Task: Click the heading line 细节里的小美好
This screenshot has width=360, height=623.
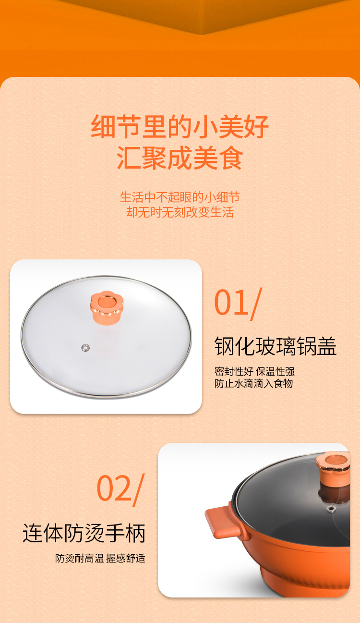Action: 180,127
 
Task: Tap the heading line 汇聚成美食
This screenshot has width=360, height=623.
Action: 180,159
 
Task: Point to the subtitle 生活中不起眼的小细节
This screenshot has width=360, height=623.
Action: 180,197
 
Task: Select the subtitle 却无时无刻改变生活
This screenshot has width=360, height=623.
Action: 180,212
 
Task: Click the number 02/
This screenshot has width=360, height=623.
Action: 120,488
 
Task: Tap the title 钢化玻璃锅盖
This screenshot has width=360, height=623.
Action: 276,346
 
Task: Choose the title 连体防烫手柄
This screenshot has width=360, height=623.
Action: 84,533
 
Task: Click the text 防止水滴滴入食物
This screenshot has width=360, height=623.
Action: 253,383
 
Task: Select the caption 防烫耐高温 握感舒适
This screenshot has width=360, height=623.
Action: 100,559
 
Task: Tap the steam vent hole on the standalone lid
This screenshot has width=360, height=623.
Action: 86,347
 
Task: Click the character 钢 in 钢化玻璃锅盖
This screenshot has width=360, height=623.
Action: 225,346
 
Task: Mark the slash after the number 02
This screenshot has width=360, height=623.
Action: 138,489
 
